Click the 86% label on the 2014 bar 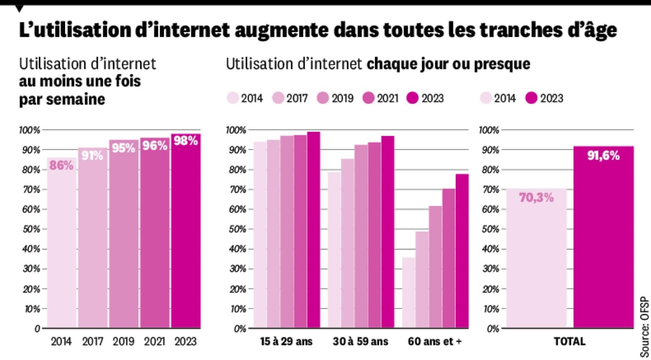coord(61,165)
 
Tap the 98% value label coord(186,141)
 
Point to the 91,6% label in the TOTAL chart coord(603,156)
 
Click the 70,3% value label coord(536,198)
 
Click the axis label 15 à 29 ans coord(286,341)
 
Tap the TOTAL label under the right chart coord(569,341)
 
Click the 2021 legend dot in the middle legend coord(368,98)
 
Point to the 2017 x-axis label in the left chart coord(93,341)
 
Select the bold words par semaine coord(62,99)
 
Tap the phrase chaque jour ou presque coord(448,64)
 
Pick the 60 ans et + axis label coord(435,341)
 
